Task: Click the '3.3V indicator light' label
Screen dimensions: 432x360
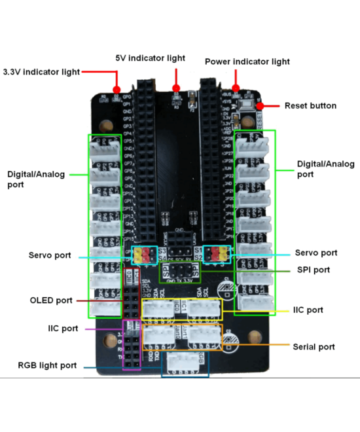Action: click(x=41, y=71)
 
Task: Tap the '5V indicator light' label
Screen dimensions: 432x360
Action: click(x=150, y=58)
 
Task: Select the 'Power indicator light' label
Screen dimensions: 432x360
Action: click(x=247, y=62)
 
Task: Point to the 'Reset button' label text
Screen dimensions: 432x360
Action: click(x=310, y=105)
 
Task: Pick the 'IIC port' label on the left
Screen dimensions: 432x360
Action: click(x=63, y=329)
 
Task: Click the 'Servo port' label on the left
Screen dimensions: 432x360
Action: click(x=50, y=255)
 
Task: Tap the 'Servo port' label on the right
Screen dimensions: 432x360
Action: click(x=316, y=253)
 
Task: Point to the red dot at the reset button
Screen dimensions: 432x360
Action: click(x=260, y=105)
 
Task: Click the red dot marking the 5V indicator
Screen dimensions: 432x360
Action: click(x=175, y=88)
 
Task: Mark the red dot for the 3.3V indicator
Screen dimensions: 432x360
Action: click(x=117, y=89)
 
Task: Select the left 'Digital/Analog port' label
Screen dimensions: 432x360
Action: click(x=26, y=179)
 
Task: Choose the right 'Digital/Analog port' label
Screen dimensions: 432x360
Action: click(x=325, y=169)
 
